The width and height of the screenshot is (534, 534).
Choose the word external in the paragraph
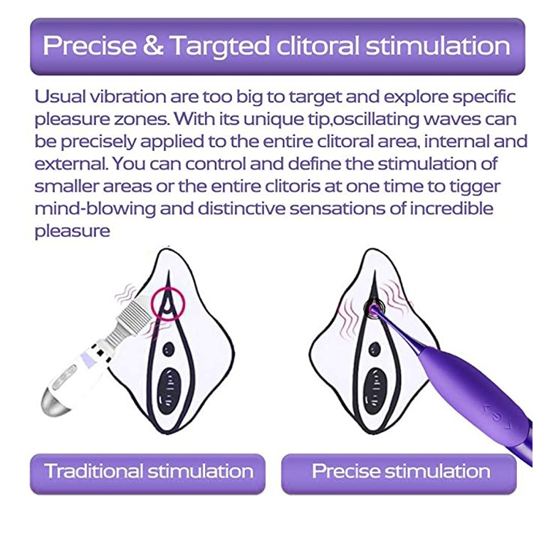[68, 164]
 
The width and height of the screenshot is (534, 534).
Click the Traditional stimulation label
[148, 471]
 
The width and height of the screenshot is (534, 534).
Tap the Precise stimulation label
[401, 471]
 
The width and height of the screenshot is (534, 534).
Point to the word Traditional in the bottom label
[93, 471]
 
